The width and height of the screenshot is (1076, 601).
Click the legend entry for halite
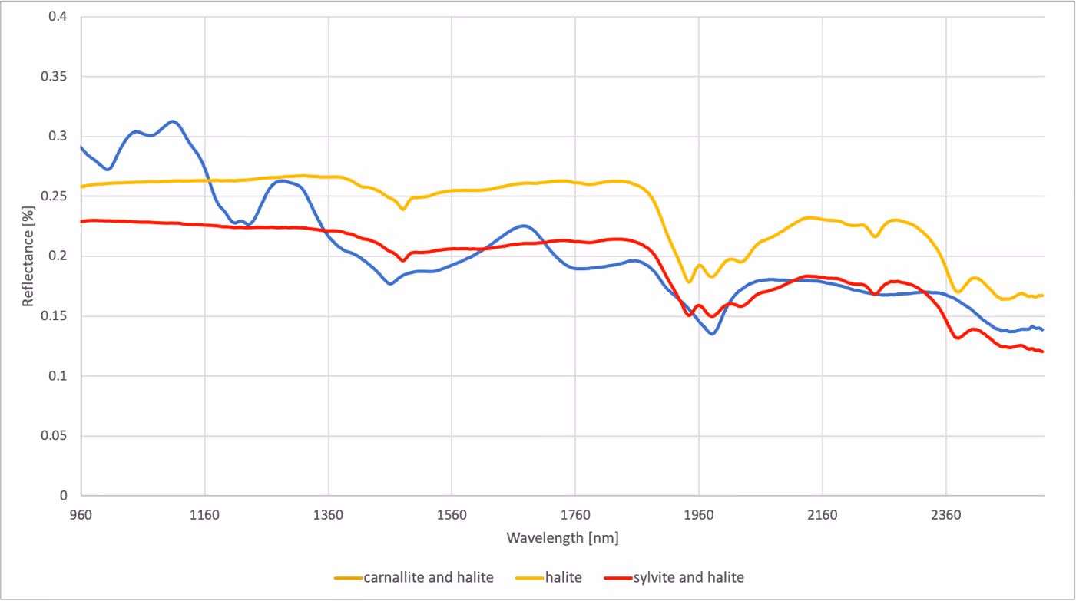(549, 577)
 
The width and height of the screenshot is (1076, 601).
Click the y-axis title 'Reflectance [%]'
(28, 256)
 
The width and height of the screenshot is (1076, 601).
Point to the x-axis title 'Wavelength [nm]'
(562, 538)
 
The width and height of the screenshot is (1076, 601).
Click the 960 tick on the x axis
(81, 516)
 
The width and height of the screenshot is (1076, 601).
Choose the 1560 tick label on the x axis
(452, 516)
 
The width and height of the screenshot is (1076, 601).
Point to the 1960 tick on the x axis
(699, 516)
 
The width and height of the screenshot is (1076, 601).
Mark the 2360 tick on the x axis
(946, 516)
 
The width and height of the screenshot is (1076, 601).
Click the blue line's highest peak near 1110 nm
(173, 121)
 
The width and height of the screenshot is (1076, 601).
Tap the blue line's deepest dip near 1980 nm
(712, 334)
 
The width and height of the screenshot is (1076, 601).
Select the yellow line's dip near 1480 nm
(402, 209)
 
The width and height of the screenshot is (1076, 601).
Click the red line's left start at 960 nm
(81, 221)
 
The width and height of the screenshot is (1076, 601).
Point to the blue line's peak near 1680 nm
(524, 226)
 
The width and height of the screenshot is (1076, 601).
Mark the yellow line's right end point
(1043, 296)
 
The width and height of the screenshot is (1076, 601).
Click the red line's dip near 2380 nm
(958, 338)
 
